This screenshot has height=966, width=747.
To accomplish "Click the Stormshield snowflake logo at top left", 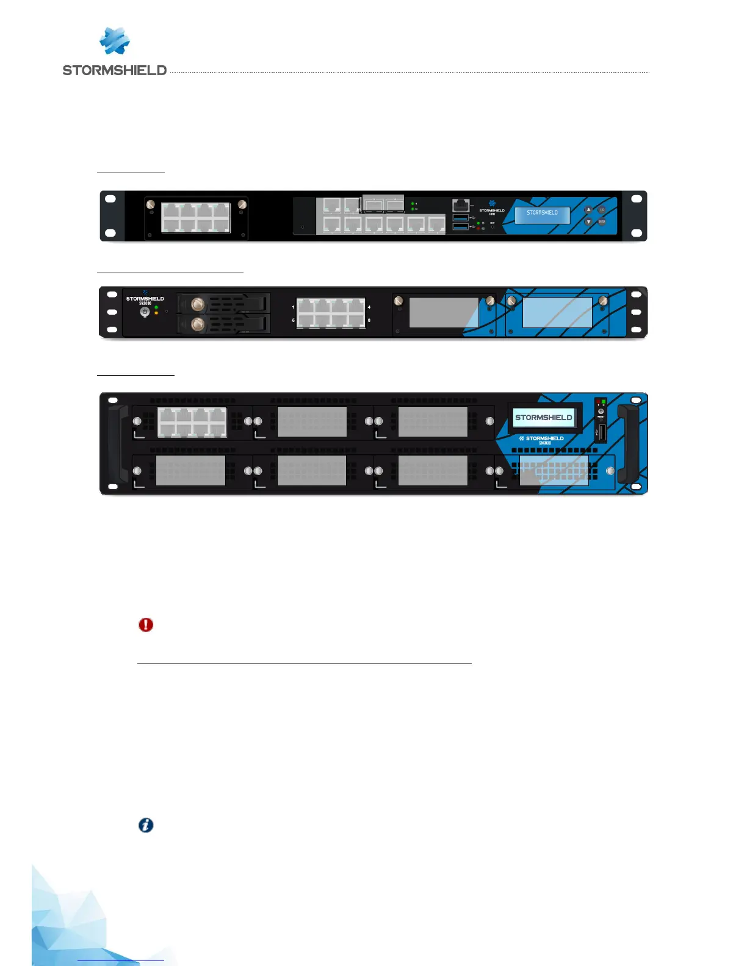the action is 114,41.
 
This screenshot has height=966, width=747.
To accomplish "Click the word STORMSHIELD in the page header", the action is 114,70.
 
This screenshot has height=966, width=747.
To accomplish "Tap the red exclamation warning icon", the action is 146,624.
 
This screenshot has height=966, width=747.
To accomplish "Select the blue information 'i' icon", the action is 146,825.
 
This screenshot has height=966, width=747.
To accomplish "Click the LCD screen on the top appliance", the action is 542,214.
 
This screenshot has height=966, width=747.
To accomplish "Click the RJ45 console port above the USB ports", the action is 461,205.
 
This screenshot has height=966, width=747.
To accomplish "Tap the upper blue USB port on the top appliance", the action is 461,218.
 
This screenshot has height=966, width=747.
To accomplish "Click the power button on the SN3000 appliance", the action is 145,312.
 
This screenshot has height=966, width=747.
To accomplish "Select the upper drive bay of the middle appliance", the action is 224,304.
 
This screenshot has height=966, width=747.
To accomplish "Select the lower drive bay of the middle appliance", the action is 224,324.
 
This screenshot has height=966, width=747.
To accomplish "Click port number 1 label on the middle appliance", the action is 293,307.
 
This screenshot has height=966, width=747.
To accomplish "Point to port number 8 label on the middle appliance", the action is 369,320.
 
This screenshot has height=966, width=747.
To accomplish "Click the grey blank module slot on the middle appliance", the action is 444,313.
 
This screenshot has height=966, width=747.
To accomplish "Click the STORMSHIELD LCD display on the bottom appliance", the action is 543,418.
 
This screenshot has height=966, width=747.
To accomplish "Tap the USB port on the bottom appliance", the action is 601,433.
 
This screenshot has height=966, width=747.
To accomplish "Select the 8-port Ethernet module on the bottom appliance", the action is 192,422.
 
